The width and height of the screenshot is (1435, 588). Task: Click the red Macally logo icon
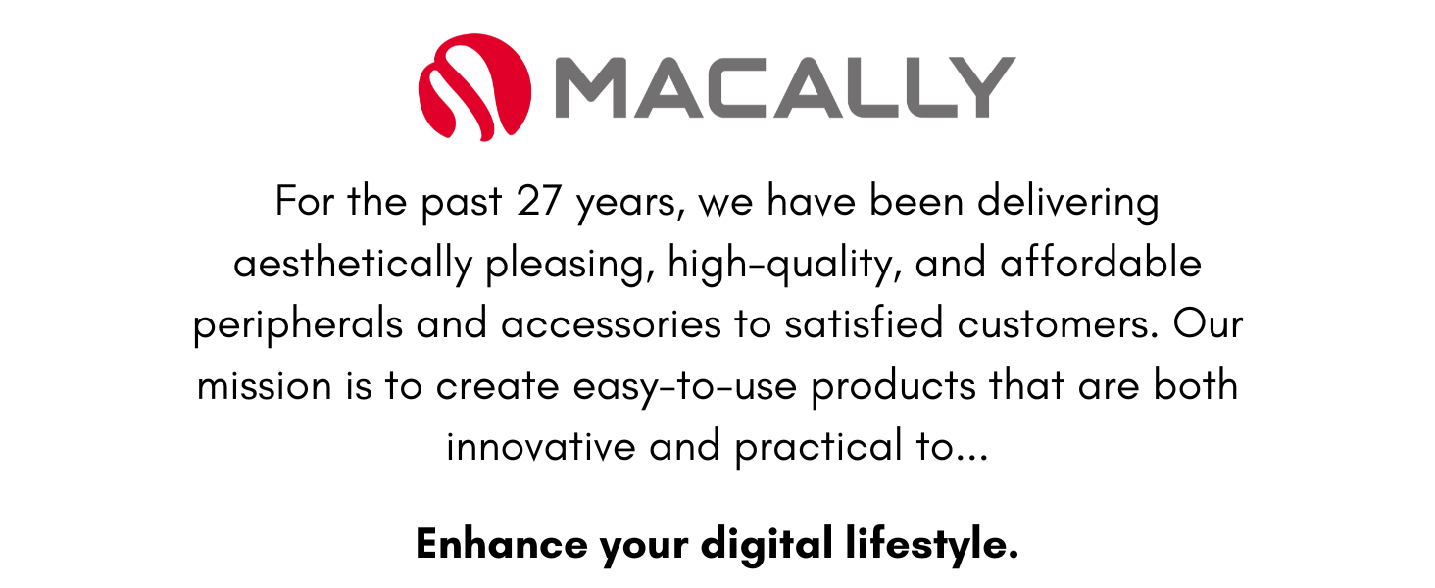point(474,86)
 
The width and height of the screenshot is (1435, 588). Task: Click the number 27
point(538,203)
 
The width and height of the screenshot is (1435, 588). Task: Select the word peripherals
point(298,325)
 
